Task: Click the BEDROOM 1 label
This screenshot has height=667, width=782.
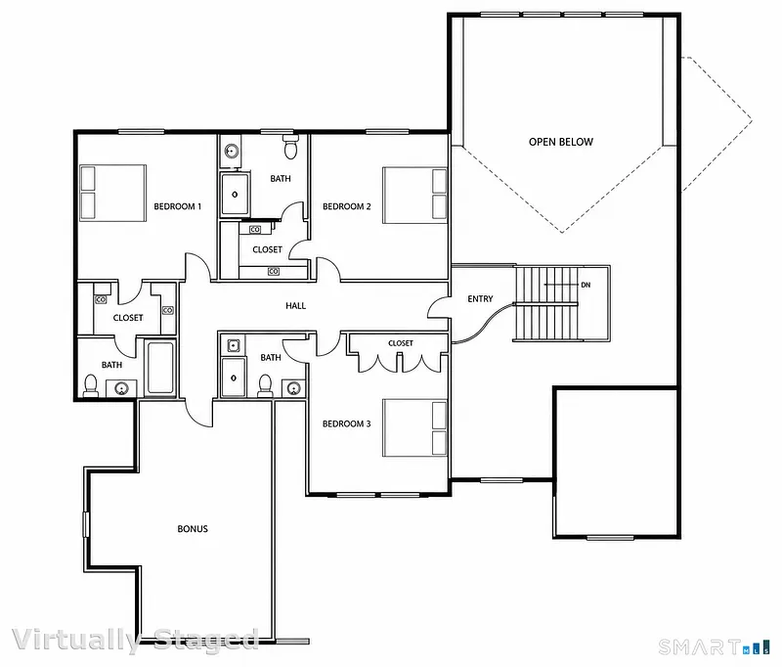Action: click(x=178, y=206)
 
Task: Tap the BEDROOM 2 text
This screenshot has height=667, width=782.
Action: click(x=347, y=206)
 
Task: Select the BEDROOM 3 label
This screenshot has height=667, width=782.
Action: click(x=347, y=424)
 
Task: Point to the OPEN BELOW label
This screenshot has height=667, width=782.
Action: click(x=561, y=142)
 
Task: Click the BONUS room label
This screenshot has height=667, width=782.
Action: click(x=193, y=529)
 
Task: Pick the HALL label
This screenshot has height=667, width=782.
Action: click(x=296, y=306)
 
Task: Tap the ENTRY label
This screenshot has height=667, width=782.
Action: click(x=480, y=299)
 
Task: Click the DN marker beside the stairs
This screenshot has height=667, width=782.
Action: click(x=586, y=285)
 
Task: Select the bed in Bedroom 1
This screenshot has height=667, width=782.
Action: click(x=112, y=193)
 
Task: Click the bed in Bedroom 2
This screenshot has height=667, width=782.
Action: click(x=414, y=195)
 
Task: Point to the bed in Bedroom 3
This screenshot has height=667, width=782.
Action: click(x=414, y=427)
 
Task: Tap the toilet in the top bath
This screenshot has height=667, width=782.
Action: click(x=290, y=146)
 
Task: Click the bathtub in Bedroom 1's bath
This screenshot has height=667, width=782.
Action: click(x=160, y=368)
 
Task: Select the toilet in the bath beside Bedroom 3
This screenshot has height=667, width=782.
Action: click(x=265, y=385)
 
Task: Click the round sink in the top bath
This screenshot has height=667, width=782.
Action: click(x=231, y=150)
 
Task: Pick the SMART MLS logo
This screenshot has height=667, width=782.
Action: click(x=714, y=647)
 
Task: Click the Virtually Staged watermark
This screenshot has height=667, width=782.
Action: click(x=135, y=640)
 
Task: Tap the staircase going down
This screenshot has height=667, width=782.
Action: click(x=546, y=304)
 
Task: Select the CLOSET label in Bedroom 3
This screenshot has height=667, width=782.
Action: click(x=401, y=343)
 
